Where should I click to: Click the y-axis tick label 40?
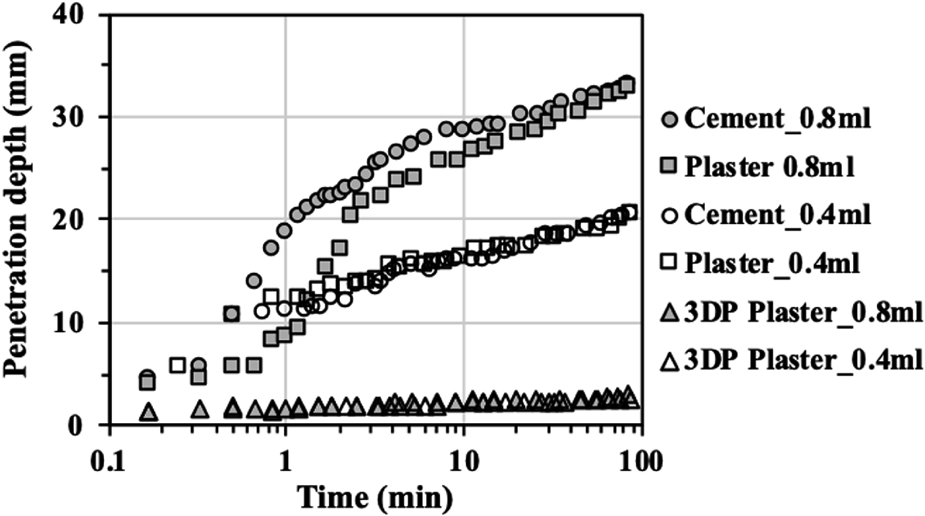pos(78,16)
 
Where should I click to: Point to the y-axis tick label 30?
pos(78,117)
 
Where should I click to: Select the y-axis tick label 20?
pos(78,219)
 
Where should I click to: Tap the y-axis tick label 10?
pos(78,323)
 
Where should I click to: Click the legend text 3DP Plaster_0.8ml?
pos(800,312)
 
